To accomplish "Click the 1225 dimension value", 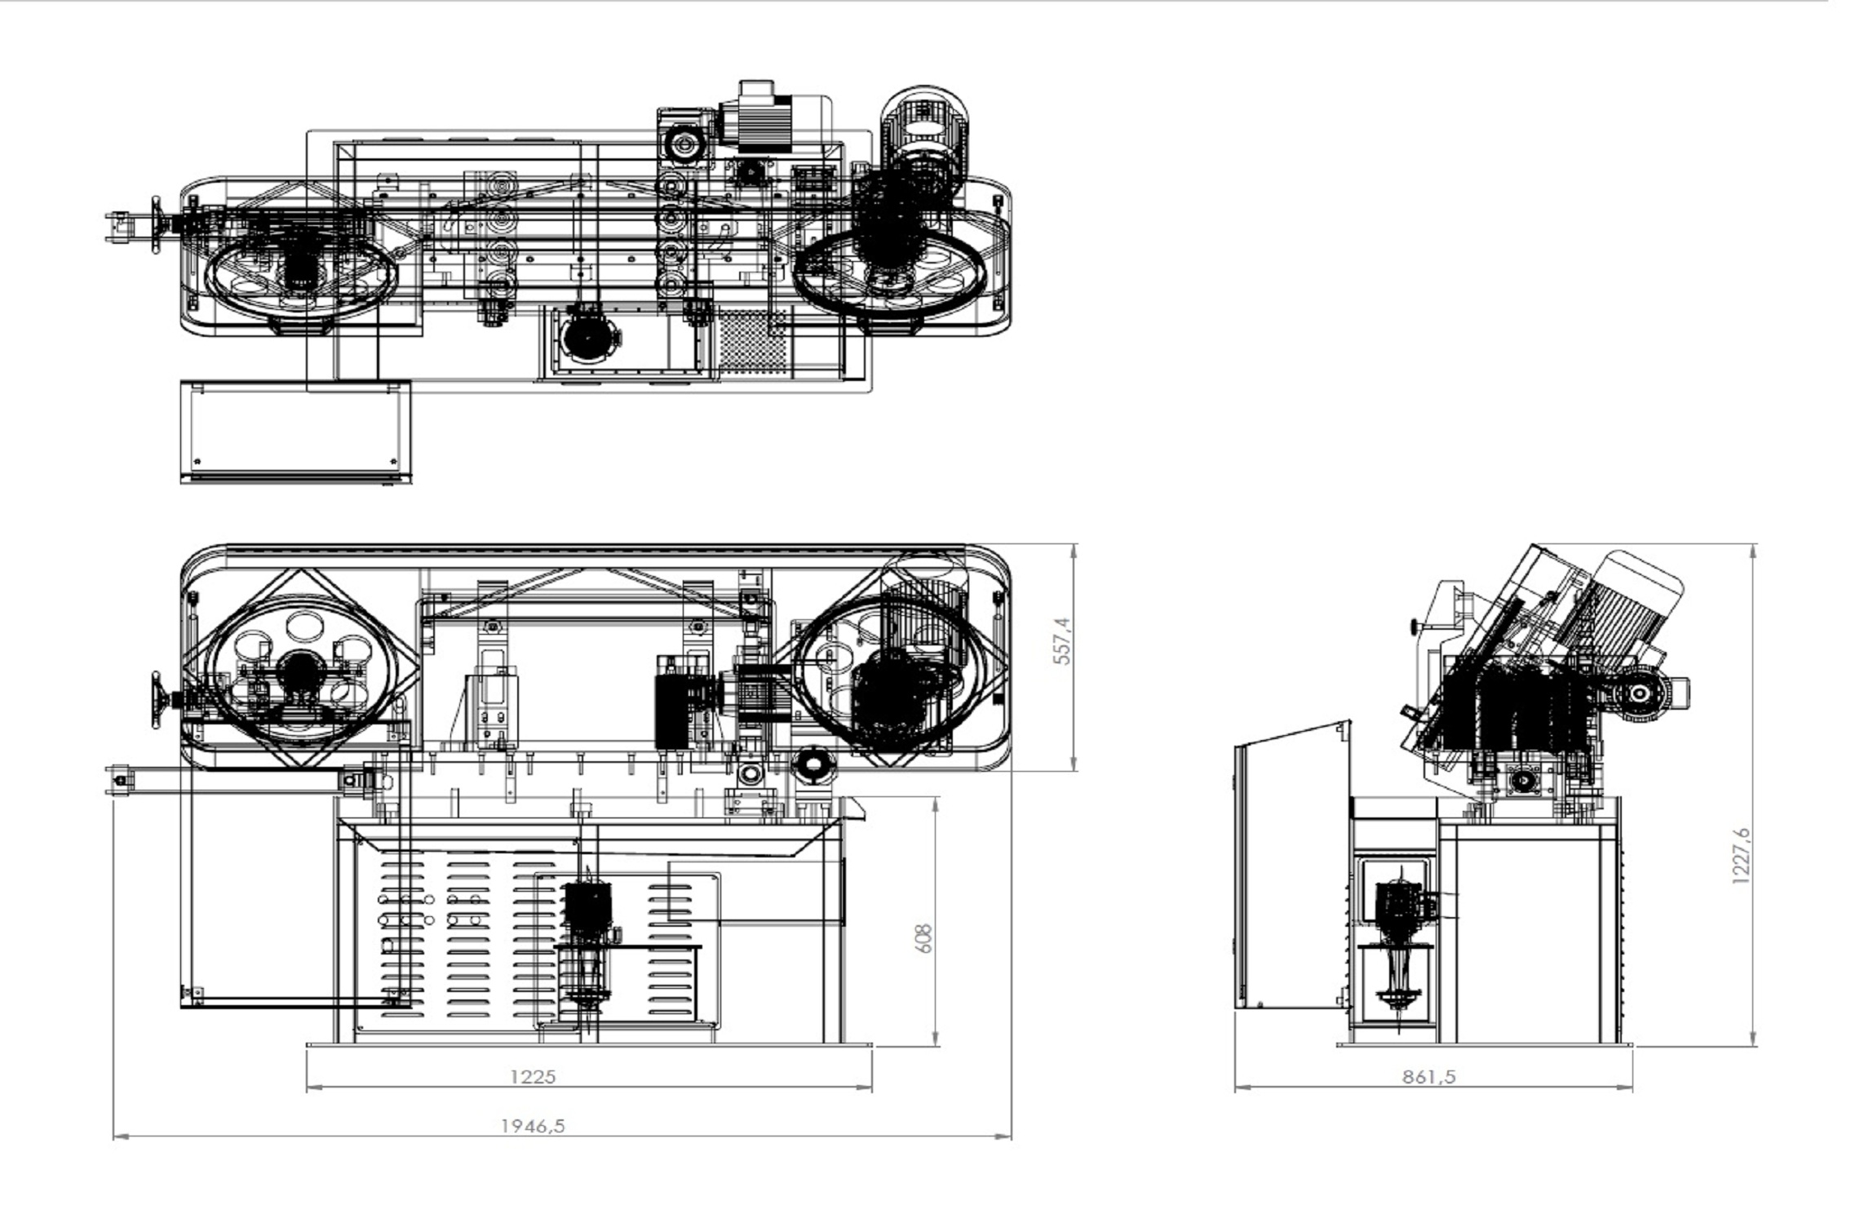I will click(x=532, y=1077).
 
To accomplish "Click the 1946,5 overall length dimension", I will click(x=532, y=1126).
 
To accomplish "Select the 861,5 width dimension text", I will click(x=1428, y=1077).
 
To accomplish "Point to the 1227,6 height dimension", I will click(x=1740, y=856).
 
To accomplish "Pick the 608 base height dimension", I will click(x=923, y=939).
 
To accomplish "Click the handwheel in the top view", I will click(x=157, y=224).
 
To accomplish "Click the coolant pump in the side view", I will click(x=1401, y=938).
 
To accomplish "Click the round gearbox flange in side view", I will click(x=1638, y=693).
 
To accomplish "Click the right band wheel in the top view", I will click(x=889, y=277).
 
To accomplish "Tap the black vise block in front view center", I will click(x=673, y=702).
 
